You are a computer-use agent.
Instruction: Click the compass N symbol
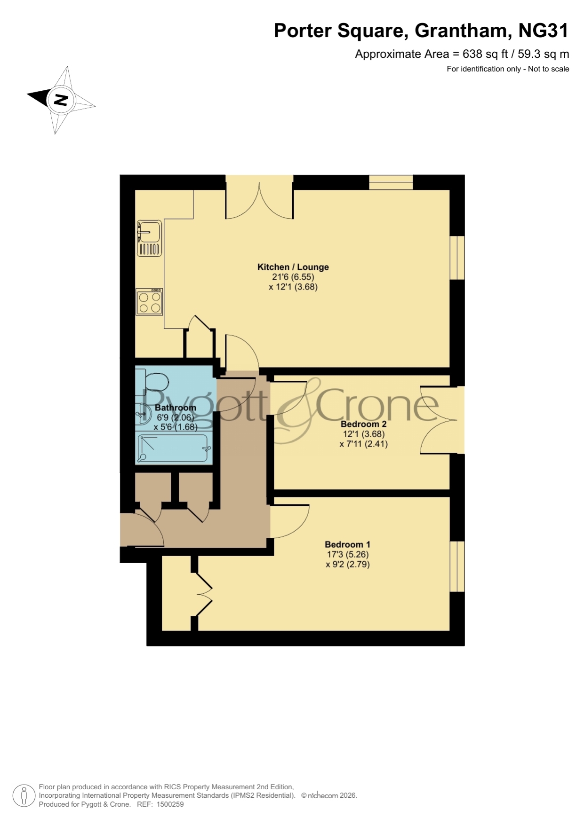pos(61,100)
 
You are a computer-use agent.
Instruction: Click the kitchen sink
pos(150,238)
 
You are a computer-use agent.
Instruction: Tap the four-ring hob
pos(150,302)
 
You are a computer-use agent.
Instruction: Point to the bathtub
pos(173,449)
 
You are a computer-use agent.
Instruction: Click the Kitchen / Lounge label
pos(293,267)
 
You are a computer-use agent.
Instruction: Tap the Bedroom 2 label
pos(364,424)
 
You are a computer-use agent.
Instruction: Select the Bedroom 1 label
pos(348,544)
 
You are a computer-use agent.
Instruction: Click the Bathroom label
pos(176,408)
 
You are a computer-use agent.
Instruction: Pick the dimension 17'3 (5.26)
pos(348,555)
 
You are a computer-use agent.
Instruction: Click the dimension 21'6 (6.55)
pos(293,277)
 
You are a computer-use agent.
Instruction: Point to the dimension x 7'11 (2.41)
pos(364,444)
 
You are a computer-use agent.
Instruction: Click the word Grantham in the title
pos(460,31)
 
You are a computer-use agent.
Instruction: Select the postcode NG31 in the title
pos(544,31)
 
